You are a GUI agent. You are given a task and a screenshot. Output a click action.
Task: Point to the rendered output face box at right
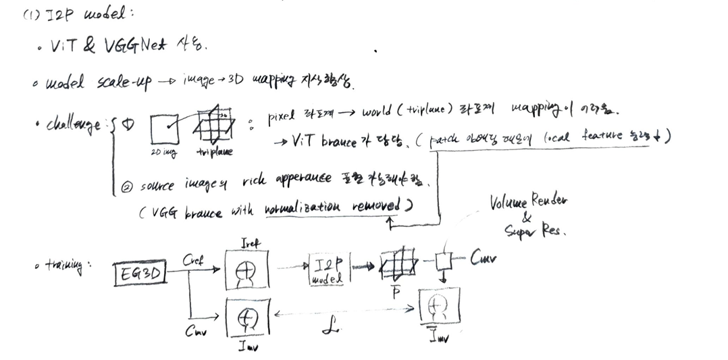(x=440, y=307)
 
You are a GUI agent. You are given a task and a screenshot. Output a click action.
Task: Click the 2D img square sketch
(x=163, y=128)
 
